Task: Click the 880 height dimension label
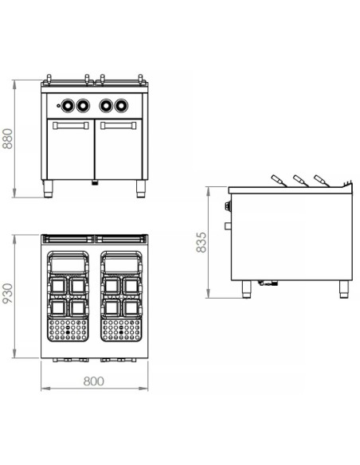9,139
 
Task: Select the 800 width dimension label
94,381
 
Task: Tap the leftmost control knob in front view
67,104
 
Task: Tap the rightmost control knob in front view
122,104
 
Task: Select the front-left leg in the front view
49,190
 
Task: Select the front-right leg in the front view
141,190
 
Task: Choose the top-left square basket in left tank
58,284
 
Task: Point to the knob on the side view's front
226,209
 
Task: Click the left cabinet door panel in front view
71,153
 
